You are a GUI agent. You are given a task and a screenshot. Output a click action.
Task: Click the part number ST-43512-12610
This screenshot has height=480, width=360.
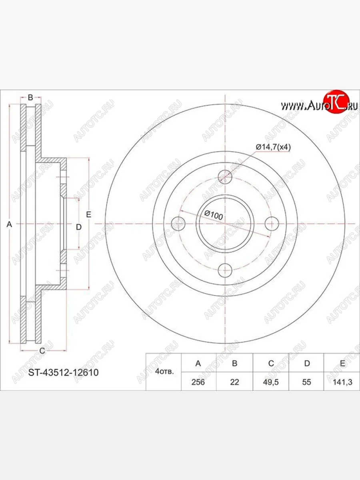pyautogui.click(x=64, y=372)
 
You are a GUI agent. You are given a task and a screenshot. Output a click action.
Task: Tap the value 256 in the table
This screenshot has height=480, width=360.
pyautogui.click(x=198, y=382)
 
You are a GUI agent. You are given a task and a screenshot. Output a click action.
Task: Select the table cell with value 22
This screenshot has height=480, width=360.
pyautogui.click(x=234, y=382)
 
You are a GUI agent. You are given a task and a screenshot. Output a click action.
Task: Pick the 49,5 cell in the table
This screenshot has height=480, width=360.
pyautogui.click(x=271, y=382)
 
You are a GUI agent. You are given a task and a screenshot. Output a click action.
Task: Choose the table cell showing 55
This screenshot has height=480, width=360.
pyautogui.click(x=306, y=382)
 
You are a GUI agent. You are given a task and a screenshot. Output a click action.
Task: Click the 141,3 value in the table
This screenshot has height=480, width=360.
pyautogui.click(x=342, y=382)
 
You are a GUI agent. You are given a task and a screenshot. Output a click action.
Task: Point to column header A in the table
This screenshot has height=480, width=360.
pyautogui.click(x=198, y=363)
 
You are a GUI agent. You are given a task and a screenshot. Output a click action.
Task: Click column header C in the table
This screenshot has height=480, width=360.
pyautogui.click(x=271, y=363)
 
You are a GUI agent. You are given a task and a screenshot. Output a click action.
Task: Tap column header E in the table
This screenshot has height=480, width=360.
pyautogui.click(x=342, y=363)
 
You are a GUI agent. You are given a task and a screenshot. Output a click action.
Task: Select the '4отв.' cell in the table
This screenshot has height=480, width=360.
pyautogui.click(x=164, y=372)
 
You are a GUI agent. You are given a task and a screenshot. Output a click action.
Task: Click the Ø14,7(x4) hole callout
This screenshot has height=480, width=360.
pyautogui.click(x=273, y=147)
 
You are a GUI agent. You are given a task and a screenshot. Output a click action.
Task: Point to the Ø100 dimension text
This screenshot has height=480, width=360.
pyautogui.click(x=213, y=215)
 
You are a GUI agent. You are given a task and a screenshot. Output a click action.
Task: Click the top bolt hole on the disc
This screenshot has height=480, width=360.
pyautogui.click(x=226, y=176)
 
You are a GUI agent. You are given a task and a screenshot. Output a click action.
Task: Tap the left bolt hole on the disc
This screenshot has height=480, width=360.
pyautogui.click(x=178, y=224)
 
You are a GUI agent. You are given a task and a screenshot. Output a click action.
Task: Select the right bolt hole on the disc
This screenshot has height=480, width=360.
pyautogui.click(x=273, y=224)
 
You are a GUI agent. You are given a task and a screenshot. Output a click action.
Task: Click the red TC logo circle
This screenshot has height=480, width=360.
pyautogui.click(x=336, y=100)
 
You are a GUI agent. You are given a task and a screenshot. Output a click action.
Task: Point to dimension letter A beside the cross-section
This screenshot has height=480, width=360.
pyautogui.click(x=10, y=225)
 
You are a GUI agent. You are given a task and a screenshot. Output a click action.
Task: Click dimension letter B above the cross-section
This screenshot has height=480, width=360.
pyautogui.click(x=30, y=97)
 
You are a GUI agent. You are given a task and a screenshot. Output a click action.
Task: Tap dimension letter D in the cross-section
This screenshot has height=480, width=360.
pyautogui.click(x=79, y=227)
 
